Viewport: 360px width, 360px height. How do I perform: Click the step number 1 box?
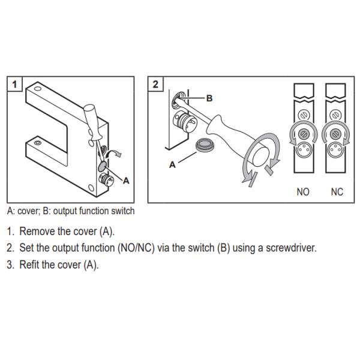pos(14,84)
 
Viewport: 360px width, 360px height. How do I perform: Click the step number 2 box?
pos(155,84)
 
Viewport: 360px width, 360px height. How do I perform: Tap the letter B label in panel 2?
pos(209,97)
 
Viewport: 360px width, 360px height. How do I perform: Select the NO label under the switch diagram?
pos(303,192)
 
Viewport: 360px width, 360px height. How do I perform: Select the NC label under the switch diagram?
pos(337,192)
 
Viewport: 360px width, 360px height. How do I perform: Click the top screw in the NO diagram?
pos(303,114)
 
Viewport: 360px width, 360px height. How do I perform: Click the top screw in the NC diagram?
pos(337,114)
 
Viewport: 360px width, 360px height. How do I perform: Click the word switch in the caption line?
pos(122,211)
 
